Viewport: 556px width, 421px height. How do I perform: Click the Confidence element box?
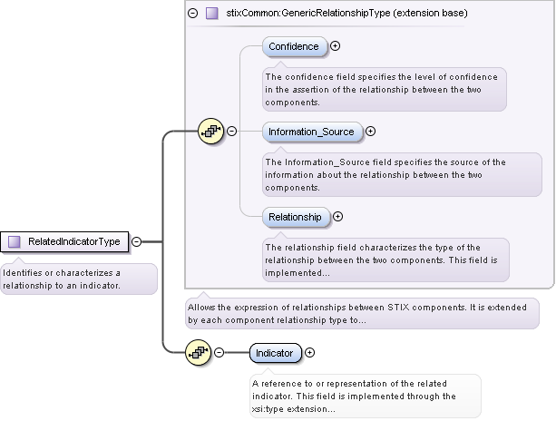(294, 46)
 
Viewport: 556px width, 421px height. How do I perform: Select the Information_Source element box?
(309, 132)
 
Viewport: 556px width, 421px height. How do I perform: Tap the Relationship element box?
(295, 217)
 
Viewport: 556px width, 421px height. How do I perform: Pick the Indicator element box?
(274, 352)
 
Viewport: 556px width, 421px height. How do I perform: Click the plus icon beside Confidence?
(336, 45)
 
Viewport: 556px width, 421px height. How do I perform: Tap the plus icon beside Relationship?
(337, 217)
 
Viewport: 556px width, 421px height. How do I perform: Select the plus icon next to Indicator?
(309, 352)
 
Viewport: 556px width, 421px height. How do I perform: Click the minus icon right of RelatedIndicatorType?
(136, 241)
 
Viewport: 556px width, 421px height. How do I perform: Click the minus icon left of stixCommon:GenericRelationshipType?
(192, 14)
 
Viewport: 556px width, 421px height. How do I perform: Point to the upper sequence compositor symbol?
(210, 132)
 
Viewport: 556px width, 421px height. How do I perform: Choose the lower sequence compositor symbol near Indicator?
(198, 352)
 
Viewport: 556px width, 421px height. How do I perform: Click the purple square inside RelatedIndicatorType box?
(15, 241)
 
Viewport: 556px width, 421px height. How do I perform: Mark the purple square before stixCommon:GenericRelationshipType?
(211, 14)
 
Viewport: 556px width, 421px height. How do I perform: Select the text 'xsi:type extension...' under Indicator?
(294, 409)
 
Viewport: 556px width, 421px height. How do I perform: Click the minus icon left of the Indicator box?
(219, 352)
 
